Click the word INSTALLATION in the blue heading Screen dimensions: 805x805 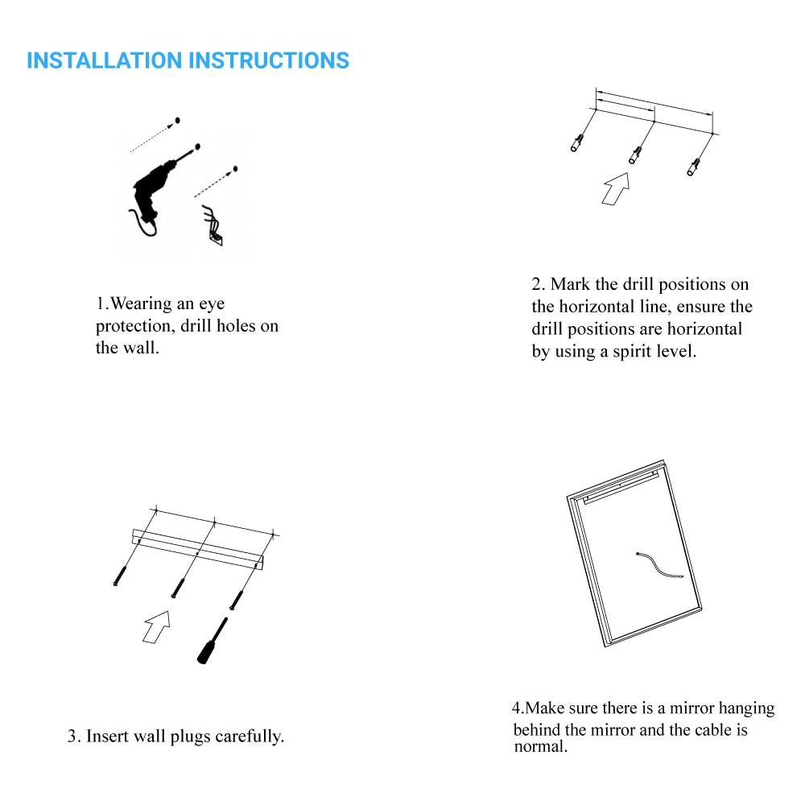pos(104,61)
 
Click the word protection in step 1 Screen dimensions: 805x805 pos(134,327)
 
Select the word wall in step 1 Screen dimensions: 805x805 pos(141,349)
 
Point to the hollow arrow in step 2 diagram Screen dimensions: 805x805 pos(616,188)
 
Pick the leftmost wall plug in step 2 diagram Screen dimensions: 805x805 pos(577,143)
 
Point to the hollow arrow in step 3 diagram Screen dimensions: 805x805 pos(157,625)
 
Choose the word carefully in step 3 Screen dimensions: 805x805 pos(250,737)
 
